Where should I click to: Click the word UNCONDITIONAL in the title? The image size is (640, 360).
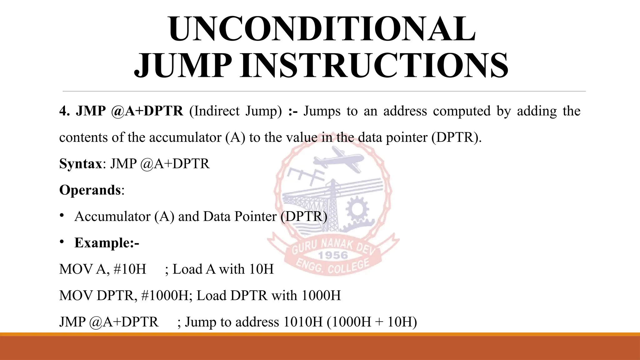point(322,29)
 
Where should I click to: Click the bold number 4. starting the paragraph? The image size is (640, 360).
point(64,111)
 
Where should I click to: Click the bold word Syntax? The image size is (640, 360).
point(80,163)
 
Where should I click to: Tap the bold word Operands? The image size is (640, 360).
point(90,190)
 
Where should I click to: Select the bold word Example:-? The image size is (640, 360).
point(107,242)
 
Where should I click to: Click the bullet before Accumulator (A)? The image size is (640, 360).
point(62,215)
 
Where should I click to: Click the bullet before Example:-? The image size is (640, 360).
point(62,242)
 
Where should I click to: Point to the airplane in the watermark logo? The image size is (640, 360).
point(339,159)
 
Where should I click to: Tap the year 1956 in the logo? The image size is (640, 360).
point(333,255)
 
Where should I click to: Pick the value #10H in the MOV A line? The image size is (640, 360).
point(130,269)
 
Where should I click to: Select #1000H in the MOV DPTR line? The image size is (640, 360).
point(165,295)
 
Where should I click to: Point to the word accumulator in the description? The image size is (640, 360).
point(185,137)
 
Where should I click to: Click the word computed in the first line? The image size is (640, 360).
point(462,111)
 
